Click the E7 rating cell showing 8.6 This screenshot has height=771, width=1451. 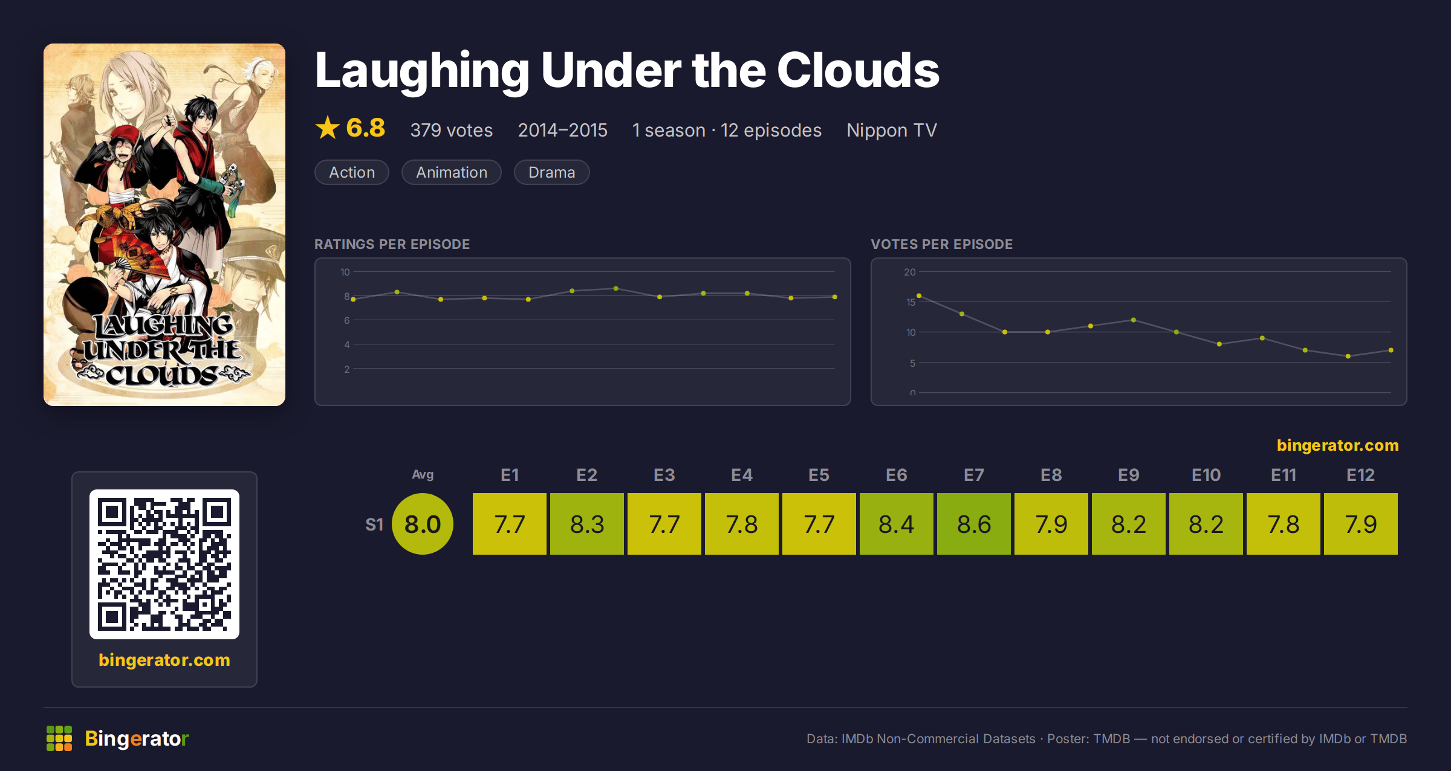tap(974, 524)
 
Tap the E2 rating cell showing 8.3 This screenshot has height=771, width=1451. tap(587, 524)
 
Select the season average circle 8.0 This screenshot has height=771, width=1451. tap(423, 524)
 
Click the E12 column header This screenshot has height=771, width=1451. tap(1361, 475)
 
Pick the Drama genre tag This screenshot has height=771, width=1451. tap(551, 172)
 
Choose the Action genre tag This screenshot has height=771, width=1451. tap(352, 172)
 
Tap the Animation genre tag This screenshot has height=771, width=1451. tap(452, 172)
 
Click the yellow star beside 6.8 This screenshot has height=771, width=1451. tap(328, 127)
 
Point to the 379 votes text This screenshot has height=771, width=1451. tap(452, 130)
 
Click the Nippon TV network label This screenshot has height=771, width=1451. tap(892, 130)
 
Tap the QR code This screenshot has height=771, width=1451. tap(164, 564)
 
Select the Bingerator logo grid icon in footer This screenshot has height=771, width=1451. tap(59, 738)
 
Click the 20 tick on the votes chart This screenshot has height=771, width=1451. tap(910, 272)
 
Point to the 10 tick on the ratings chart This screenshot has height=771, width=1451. tap(345, 272)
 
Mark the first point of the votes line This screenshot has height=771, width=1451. tap(919, 295)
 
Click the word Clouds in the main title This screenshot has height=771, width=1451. tap(858, 70)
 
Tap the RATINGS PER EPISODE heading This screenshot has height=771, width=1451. tap(392, 244)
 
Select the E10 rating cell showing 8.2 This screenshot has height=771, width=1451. tap(1206, 524)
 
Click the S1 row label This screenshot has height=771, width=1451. tap(374, 524)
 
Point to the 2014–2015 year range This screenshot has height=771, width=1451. tap(563, 130)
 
